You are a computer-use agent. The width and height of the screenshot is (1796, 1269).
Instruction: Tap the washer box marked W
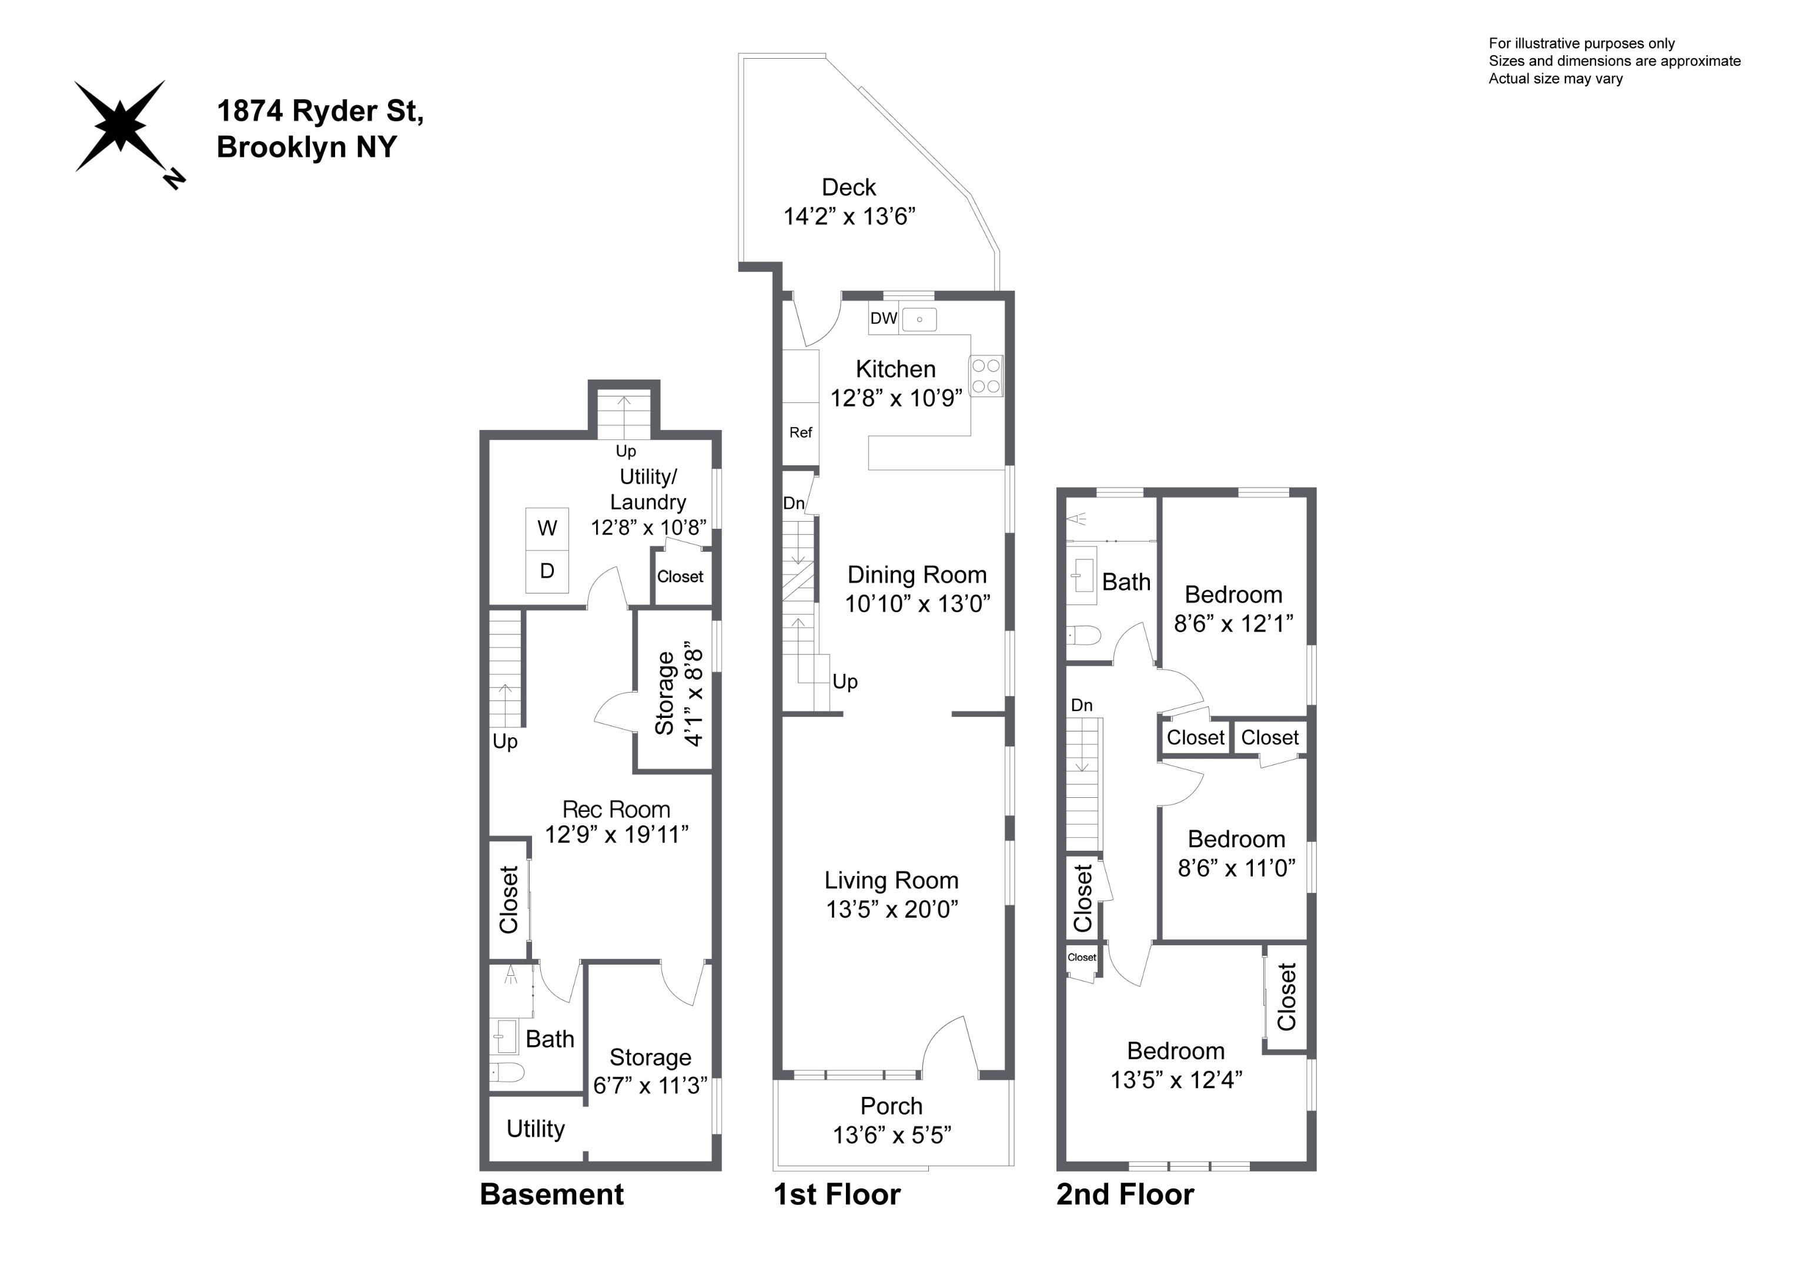click(547, 529)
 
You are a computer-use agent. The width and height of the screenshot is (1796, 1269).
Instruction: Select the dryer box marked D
click(547, 572)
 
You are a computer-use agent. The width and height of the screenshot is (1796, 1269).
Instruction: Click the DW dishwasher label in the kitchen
click(883, 318)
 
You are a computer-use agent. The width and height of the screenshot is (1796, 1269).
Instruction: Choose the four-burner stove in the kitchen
click(986, 376)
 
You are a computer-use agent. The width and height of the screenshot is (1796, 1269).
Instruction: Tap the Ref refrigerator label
click(800, 432)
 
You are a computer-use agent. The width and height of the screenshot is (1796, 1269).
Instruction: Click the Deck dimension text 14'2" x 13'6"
click(849, 217)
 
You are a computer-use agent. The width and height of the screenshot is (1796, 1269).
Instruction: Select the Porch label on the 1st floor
click(891, 1106)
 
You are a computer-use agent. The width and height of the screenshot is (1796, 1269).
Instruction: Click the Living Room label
click(891, 881)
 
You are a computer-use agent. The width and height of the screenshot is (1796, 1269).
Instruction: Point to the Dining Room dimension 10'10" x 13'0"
click(917, 603)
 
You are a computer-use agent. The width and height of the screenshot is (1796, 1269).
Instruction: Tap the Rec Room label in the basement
click(616, 809)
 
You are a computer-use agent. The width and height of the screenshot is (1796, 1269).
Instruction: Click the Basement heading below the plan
click(551, 1195)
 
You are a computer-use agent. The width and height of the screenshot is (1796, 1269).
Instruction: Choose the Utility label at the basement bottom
click(535, 1129)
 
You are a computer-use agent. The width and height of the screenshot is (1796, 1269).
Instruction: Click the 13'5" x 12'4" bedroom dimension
click(1176, 1080)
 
